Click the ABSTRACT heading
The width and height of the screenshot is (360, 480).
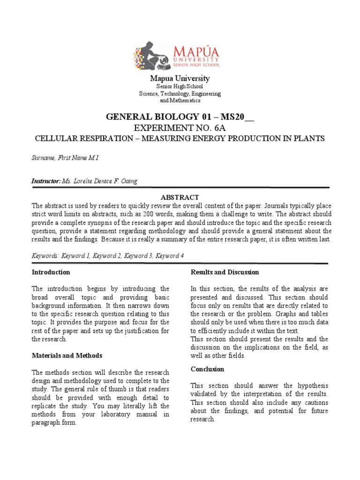tap(180, 197)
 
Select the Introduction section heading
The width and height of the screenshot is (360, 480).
tap(51, 272)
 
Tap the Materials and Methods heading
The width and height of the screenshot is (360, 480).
tap(67, 355)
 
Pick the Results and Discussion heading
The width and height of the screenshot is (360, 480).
tap(225, 272)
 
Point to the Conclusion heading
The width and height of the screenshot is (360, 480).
tap(207, 369)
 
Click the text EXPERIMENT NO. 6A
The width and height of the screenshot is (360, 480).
tap(180, 128)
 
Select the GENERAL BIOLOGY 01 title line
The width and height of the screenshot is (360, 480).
tap(180, 117)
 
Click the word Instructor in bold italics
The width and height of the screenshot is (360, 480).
tap(46, 181)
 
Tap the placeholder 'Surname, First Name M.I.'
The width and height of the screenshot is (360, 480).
tap(65, 158)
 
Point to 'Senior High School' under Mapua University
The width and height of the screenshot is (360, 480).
tap(180, 86)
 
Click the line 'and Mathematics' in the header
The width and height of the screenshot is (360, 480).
tap(180, 100)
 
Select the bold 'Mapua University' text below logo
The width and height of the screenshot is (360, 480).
tap(180, 78)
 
